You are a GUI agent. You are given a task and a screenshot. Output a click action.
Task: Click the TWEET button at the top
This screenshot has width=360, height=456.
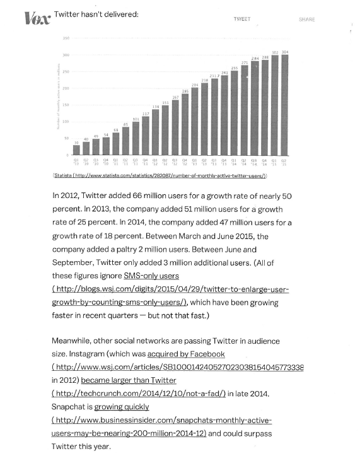[241, 20]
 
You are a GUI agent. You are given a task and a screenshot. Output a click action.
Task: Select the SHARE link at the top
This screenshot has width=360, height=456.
[306, 20]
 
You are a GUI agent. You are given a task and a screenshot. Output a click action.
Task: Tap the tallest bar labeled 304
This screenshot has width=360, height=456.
[285, 105]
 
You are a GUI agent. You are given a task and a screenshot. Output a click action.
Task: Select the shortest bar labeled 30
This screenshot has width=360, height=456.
[76, 150]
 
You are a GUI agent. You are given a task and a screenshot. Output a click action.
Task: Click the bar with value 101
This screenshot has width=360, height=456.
[136, 138]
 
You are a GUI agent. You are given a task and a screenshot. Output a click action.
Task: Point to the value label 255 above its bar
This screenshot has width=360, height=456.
[234, 67]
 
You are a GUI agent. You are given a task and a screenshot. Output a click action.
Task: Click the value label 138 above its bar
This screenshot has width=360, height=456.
[155, 107]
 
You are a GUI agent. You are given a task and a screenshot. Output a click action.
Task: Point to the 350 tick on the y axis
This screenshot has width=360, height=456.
[66, 38]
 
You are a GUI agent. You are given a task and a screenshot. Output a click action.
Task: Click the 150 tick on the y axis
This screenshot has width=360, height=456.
[66, 105]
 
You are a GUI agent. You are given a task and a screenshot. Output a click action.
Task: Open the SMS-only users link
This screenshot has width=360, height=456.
[151, 276]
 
